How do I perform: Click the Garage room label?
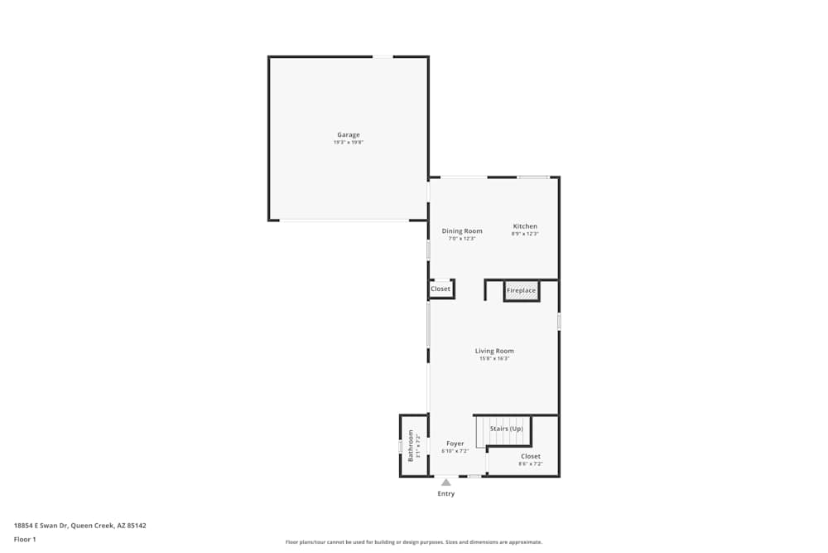click(348, 134)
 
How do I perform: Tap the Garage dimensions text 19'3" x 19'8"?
click(348, 143)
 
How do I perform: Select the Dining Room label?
click(462, 230)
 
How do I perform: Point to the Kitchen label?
click(525, 226)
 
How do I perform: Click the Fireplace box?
click(522, 291)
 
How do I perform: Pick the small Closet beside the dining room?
click(440, 289)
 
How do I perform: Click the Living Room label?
click(494, 351)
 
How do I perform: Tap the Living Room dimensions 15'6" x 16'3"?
click(494, 359)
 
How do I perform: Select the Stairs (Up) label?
click(506, 429)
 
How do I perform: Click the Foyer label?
click(455, 444)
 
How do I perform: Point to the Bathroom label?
click(410, 445)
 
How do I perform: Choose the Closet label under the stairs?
click(531, 456)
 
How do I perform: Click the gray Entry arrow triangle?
click(446, 482)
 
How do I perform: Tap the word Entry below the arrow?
click(446, 494)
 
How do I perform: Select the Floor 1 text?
click(25, 539)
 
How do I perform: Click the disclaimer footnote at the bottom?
click(414, 542)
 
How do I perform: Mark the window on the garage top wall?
click(383, 56)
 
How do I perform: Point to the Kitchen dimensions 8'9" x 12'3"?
click(525, 234)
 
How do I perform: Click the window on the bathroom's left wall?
click(400, 447)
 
